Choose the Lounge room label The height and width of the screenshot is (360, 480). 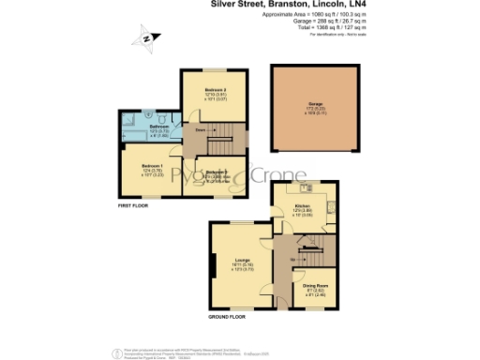tap(242, 260)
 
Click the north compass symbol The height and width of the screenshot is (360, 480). tap(146, 38)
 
